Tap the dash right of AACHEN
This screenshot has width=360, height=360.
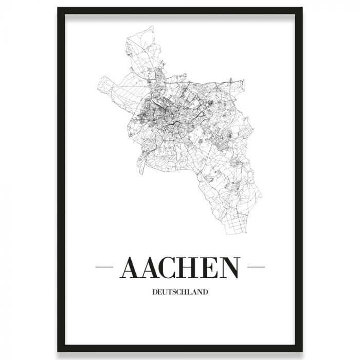tap(256, 267)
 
